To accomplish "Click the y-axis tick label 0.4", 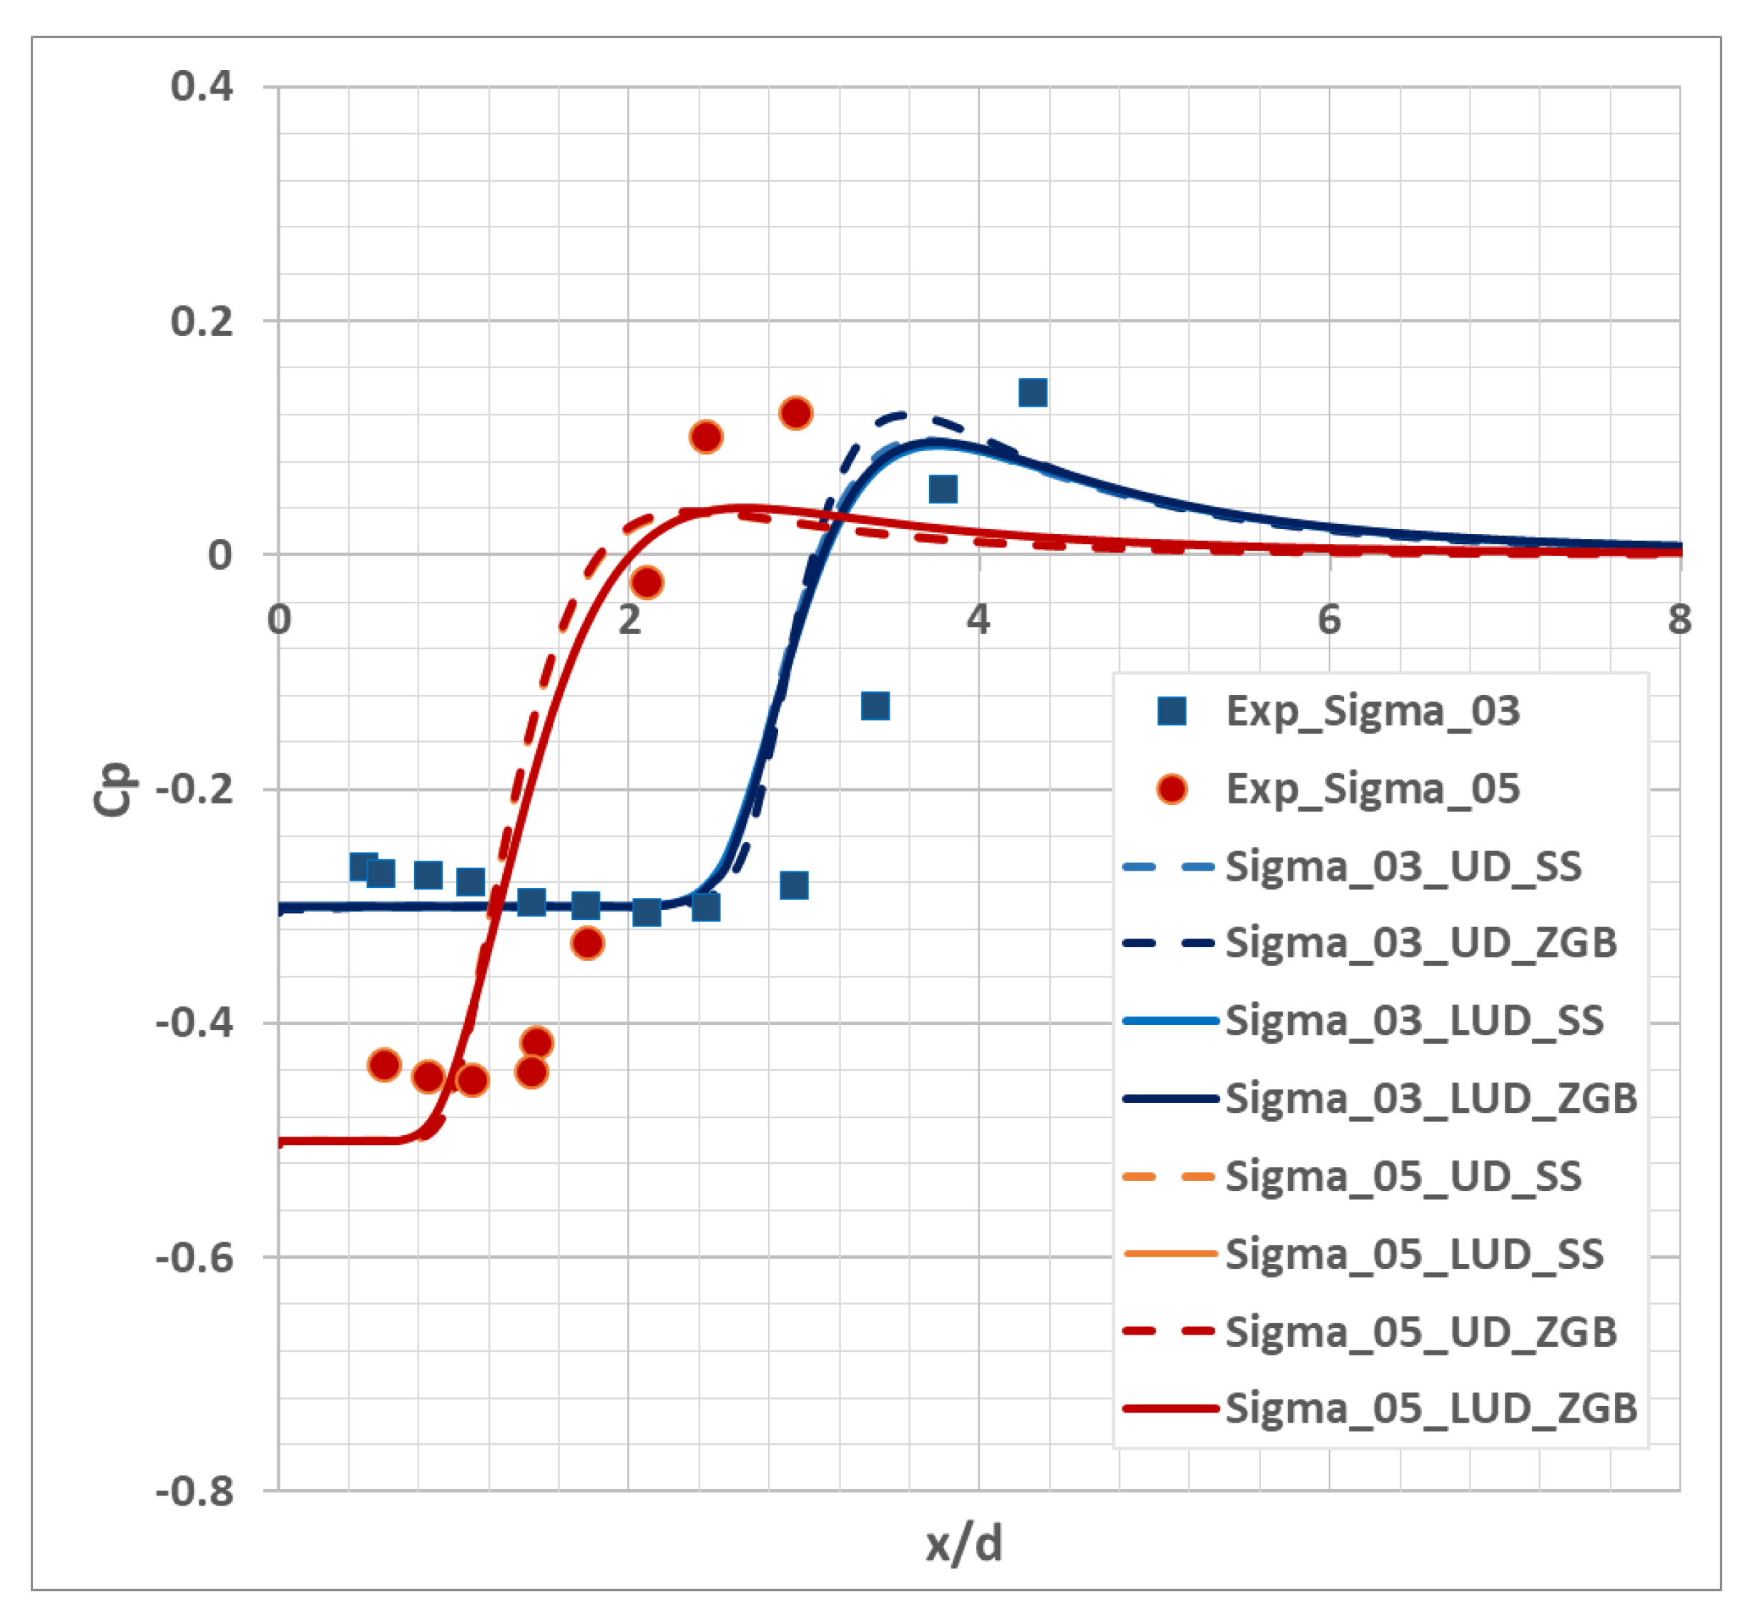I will [x=202, y=86].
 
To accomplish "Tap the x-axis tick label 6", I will [x=1330, y=620].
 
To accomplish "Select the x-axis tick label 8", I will [x=1679, y=620].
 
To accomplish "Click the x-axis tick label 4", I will [x=978, y=620].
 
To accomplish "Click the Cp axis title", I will [x=113, y=789].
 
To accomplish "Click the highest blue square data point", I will [x=1033, y=393].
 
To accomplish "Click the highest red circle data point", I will [x=795, y=412].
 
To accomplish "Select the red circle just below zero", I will [x=647, y=582].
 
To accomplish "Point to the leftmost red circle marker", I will [x=385, y=1064].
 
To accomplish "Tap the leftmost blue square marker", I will [x=364, y=866].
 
